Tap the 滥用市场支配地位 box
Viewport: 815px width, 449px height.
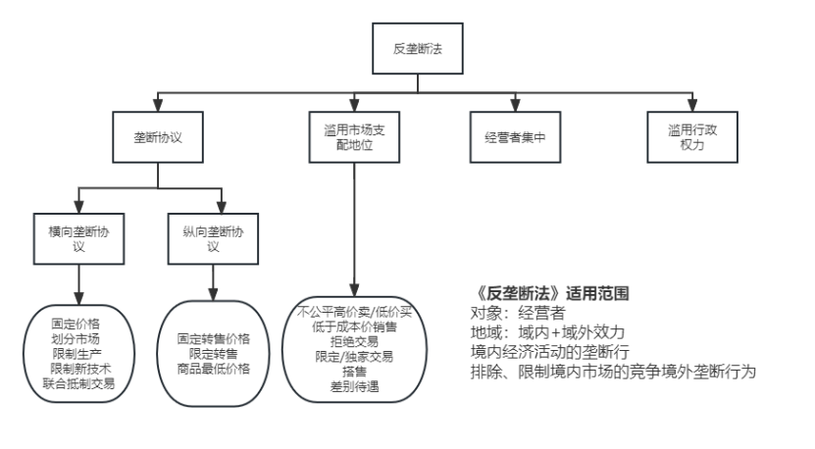pos(355,138)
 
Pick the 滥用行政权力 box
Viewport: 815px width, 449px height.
pos(690,138)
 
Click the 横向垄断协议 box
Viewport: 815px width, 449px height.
pos(80,237)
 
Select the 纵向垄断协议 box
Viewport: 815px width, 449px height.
pos(214,237)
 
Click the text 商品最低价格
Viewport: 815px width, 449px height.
pos(214,369)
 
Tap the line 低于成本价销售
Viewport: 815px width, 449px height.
pos(355,325)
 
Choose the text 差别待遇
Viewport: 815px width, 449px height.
pos(355,387)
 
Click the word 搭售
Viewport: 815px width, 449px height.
pos(355,373)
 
